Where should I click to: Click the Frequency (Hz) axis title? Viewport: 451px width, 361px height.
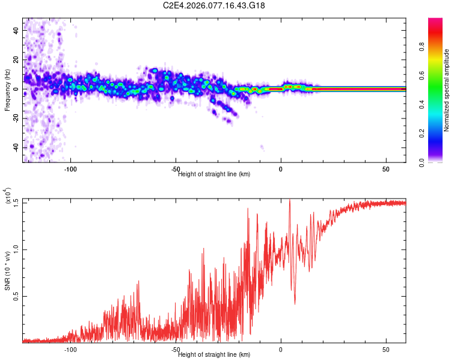coord(8,90)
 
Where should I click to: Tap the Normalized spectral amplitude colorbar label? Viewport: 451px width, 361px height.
coord(447,90)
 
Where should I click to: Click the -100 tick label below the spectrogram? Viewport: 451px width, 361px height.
coord(71,169)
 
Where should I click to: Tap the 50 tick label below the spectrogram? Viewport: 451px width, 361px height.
coord(385,169)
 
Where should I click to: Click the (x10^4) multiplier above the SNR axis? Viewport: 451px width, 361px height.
coord(8,196)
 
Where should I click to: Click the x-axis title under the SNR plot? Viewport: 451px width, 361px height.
coord(214,355)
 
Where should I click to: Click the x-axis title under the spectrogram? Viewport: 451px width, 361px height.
coord(214,174)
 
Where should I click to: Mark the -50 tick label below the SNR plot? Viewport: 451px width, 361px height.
coord(176,349)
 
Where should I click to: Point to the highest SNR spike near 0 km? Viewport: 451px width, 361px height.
coord(290,200)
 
